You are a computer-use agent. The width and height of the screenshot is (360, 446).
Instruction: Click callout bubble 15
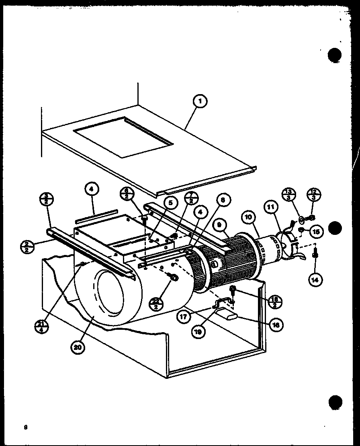[x=315, y=231]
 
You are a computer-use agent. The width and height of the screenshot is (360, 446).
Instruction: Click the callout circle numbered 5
[x=170, y=203]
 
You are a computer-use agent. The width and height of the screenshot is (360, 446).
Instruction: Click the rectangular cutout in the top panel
[x=124, y=136]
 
